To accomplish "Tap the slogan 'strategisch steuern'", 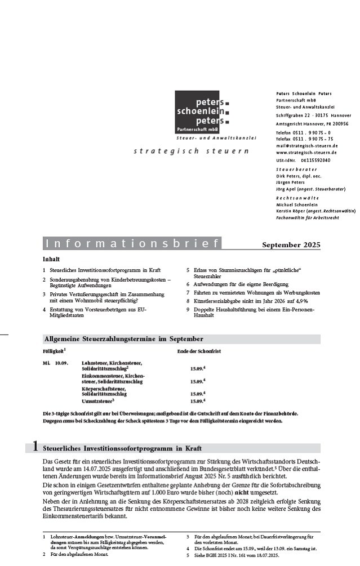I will point(191,151).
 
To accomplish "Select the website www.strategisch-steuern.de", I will point(306,153).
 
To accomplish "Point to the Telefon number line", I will point(304,132).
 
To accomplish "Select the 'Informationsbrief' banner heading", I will point(132,244).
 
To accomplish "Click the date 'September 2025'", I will point(291,244).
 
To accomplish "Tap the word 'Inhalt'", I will point(51,260).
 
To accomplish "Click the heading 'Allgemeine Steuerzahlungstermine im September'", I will point(123,339).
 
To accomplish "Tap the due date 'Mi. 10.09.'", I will point(55,363).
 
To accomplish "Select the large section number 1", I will point(34,447).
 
